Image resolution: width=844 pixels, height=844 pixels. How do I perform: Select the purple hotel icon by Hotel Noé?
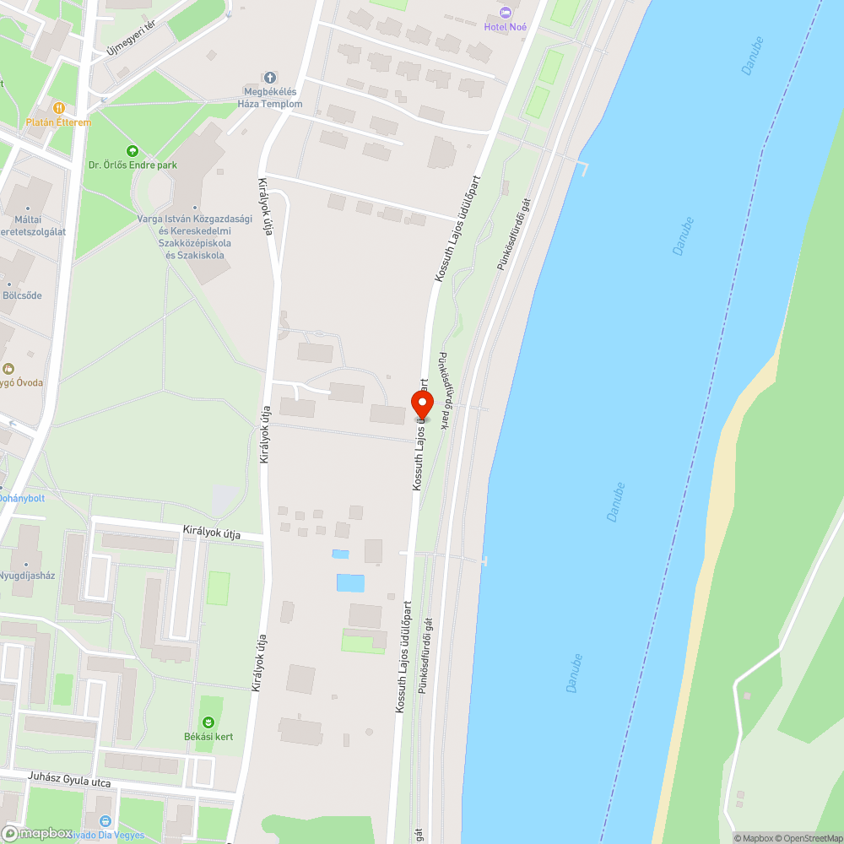coord(506,12)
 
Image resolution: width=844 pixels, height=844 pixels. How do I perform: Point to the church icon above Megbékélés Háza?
coord(270,77)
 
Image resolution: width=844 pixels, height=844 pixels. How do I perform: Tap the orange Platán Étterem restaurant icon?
coord(58,108)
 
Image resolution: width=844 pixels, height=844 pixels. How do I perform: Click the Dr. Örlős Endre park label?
coord(133,165)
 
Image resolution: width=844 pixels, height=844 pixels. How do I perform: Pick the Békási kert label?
coord(208,736)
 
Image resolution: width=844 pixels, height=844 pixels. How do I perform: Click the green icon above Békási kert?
coord(208,722)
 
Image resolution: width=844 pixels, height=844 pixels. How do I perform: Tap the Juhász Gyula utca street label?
coord(69,782)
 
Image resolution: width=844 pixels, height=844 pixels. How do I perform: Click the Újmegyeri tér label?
coord(132,39)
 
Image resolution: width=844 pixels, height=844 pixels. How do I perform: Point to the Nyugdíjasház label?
coord(27,576)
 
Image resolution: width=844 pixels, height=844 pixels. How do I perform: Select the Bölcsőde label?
coord(22,295)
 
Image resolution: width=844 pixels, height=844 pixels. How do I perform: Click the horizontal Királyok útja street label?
coord(212,532)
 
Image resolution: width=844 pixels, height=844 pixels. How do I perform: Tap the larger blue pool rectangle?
coord(350,582)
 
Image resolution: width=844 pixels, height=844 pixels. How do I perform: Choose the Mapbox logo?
coord(38,833)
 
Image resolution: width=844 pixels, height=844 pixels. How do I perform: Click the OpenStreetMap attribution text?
coord(809,838)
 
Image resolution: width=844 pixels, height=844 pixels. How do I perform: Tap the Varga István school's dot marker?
coord(195,208)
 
